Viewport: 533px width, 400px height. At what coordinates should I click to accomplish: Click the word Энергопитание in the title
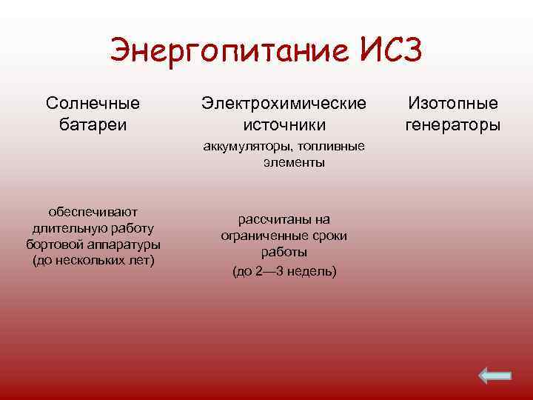[x=229, y=50]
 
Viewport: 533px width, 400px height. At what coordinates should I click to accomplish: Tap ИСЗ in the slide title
[x=392, y=50]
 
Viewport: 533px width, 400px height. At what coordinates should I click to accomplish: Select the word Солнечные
[x=93, y=103]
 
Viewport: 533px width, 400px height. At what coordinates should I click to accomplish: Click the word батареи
[x=93, y=124]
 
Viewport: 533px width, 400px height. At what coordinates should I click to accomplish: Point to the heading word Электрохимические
[x=284, y=103]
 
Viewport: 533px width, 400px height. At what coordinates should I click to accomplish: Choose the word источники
[x=284, y=124]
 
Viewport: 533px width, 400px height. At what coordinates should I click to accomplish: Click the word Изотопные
[x=453, y=103]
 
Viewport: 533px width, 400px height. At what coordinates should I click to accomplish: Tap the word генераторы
[x=453, y=124]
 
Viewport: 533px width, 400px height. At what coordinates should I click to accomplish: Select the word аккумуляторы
[x=246, y=147]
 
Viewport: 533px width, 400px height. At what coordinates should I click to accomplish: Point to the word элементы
[x=293, y=162]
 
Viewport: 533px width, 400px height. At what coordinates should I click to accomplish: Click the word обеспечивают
[x=93, y=213]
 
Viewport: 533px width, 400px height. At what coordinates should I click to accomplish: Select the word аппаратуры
[x=123, y=244]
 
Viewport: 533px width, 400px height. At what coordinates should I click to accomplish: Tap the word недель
[x=311, y=272]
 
